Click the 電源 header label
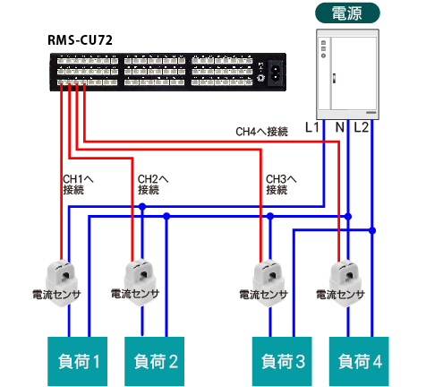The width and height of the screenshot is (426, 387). (x=347, y=13)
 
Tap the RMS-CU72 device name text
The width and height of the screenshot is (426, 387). (x=80, y=40)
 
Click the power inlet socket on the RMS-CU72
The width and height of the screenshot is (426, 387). (x=275, y=73)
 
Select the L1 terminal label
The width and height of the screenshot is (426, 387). (x=311, y=127)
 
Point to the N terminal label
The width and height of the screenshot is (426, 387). (x=340, y=127)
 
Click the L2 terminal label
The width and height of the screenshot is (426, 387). (x=361, y=127)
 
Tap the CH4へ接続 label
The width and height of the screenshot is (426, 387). (x=261, y=132)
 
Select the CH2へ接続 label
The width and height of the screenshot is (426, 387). (x=153, y=185)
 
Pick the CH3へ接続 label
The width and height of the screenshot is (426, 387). (x=281, y=185)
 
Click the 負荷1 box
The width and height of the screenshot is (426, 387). (x=78, y=361)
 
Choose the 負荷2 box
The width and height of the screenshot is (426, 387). (x=154, y=361)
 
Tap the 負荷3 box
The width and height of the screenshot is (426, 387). (x=282, y=361)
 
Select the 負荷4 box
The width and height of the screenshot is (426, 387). (x=359, y=361)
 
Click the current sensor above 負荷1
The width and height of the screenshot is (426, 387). (x=62, y=283)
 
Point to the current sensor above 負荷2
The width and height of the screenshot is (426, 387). (x=141, y=283)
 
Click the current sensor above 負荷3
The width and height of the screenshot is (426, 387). (x=268, y=283)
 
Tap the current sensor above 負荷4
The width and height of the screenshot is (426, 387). (x=345, y=283)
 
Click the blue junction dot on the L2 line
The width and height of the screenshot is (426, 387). (x=372, y=230)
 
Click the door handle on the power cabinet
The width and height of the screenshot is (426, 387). (x=334, y=78)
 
